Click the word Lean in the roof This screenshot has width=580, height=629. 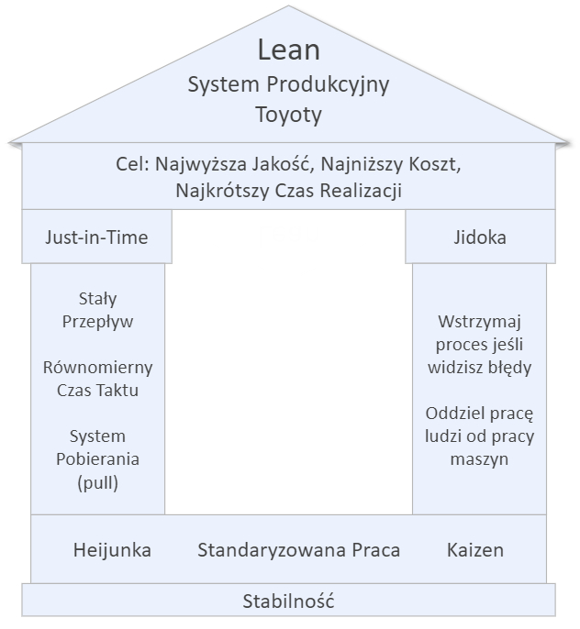tap(288, 50)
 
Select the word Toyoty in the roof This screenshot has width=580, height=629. tap(288, 116)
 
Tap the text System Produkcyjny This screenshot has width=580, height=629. tap(288, 84)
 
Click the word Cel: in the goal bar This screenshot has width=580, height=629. tap(130, 166)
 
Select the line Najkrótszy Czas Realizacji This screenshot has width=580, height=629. tap(288, 191)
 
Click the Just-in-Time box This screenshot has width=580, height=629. tap(96, 237)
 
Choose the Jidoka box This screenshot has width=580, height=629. tap(479, 237)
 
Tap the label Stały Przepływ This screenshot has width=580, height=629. tap(97, 310)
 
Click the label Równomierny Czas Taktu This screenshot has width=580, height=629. tap(97, 378)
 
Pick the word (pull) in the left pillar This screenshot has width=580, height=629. tap(97, 480)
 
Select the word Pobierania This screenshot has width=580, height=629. tap(97, 458)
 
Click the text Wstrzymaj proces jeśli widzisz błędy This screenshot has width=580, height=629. tap(479, 345)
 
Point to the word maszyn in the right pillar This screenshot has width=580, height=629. tap(479, 459)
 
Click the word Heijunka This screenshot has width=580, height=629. tap(112, 550)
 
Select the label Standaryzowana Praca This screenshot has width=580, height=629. tap(298, 550)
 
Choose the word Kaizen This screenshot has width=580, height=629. tap(475, 550)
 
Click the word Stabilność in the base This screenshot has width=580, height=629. tap(288, 601)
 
